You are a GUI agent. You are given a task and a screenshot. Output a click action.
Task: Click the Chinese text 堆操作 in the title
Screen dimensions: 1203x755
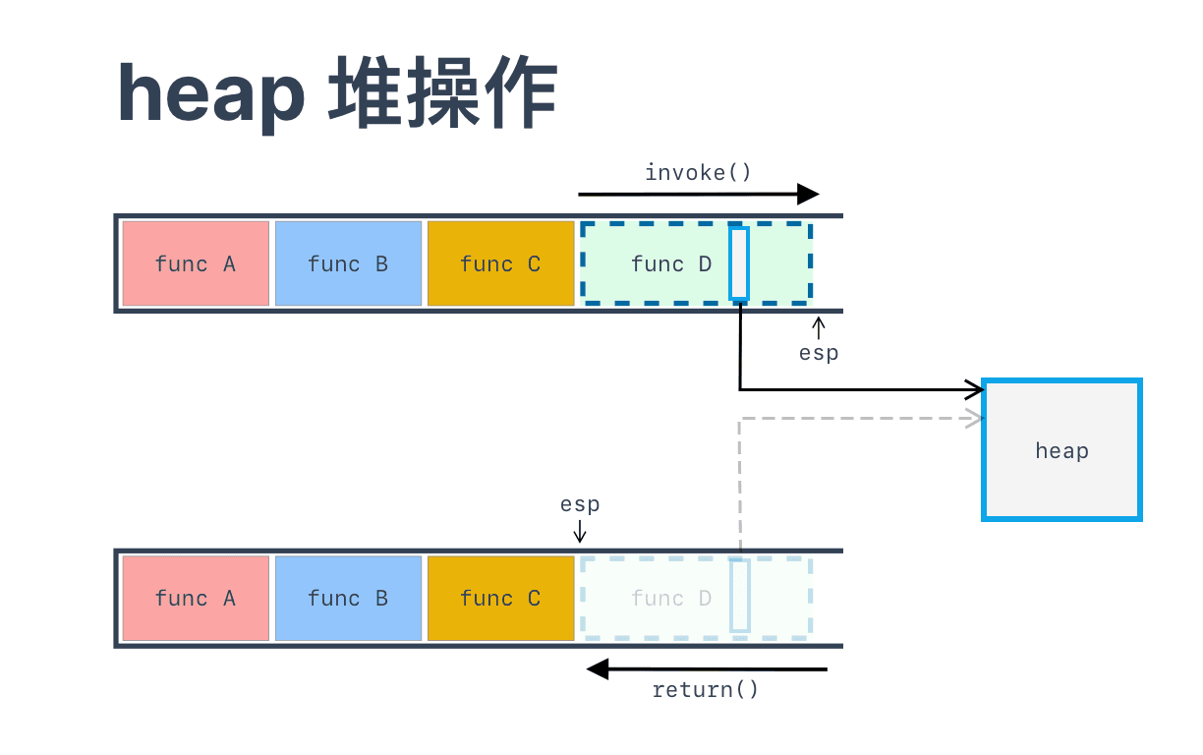coord(443,92)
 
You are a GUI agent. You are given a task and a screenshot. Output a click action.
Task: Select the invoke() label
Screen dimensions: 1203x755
coord(698,172)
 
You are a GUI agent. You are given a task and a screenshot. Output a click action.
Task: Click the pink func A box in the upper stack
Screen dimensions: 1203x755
coord(196,263)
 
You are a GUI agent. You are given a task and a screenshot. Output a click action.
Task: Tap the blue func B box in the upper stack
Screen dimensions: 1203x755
coord(348,263)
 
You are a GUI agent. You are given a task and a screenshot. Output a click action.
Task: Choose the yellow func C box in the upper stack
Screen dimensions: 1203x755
coord(500,263)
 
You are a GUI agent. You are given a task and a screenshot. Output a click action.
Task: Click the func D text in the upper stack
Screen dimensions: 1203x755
coord(670,263)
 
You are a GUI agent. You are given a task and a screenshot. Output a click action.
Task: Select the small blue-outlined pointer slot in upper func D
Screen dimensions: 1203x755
coord(739,263)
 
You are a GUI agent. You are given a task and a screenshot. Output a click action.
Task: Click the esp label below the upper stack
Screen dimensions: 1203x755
coord(819,354)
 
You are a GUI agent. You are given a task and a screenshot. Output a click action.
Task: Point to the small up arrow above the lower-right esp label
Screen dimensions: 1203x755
coord(819,327)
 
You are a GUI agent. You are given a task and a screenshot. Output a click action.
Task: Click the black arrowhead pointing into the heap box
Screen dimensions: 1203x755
coord(974,389)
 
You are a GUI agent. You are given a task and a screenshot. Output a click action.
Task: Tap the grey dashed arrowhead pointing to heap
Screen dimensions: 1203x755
coord(974,418)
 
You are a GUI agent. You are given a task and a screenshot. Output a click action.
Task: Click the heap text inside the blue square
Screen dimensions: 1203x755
coord(1061,451)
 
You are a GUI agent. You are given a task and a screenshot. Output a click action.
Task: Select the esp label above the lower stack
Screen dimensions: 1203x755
coord(580,504)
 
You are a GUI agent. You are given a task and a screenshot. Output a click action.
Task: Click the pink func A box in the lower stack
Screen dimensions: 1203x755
coord(196,598)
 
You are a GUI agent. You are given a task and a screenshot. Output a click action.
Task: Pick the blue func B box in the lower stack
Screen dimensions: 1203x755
coord(348,598)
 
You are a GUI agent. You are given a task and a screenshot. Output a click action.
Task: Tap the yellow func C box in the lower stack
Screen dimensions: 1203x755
coord(500,598)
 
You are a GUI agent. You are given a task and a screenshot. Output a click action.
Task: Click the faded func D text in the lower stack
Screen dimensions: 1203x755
coord(670,598)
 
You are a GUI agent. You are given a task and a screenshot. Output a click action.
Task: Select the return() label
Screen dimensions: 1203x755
coord(705,689)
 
